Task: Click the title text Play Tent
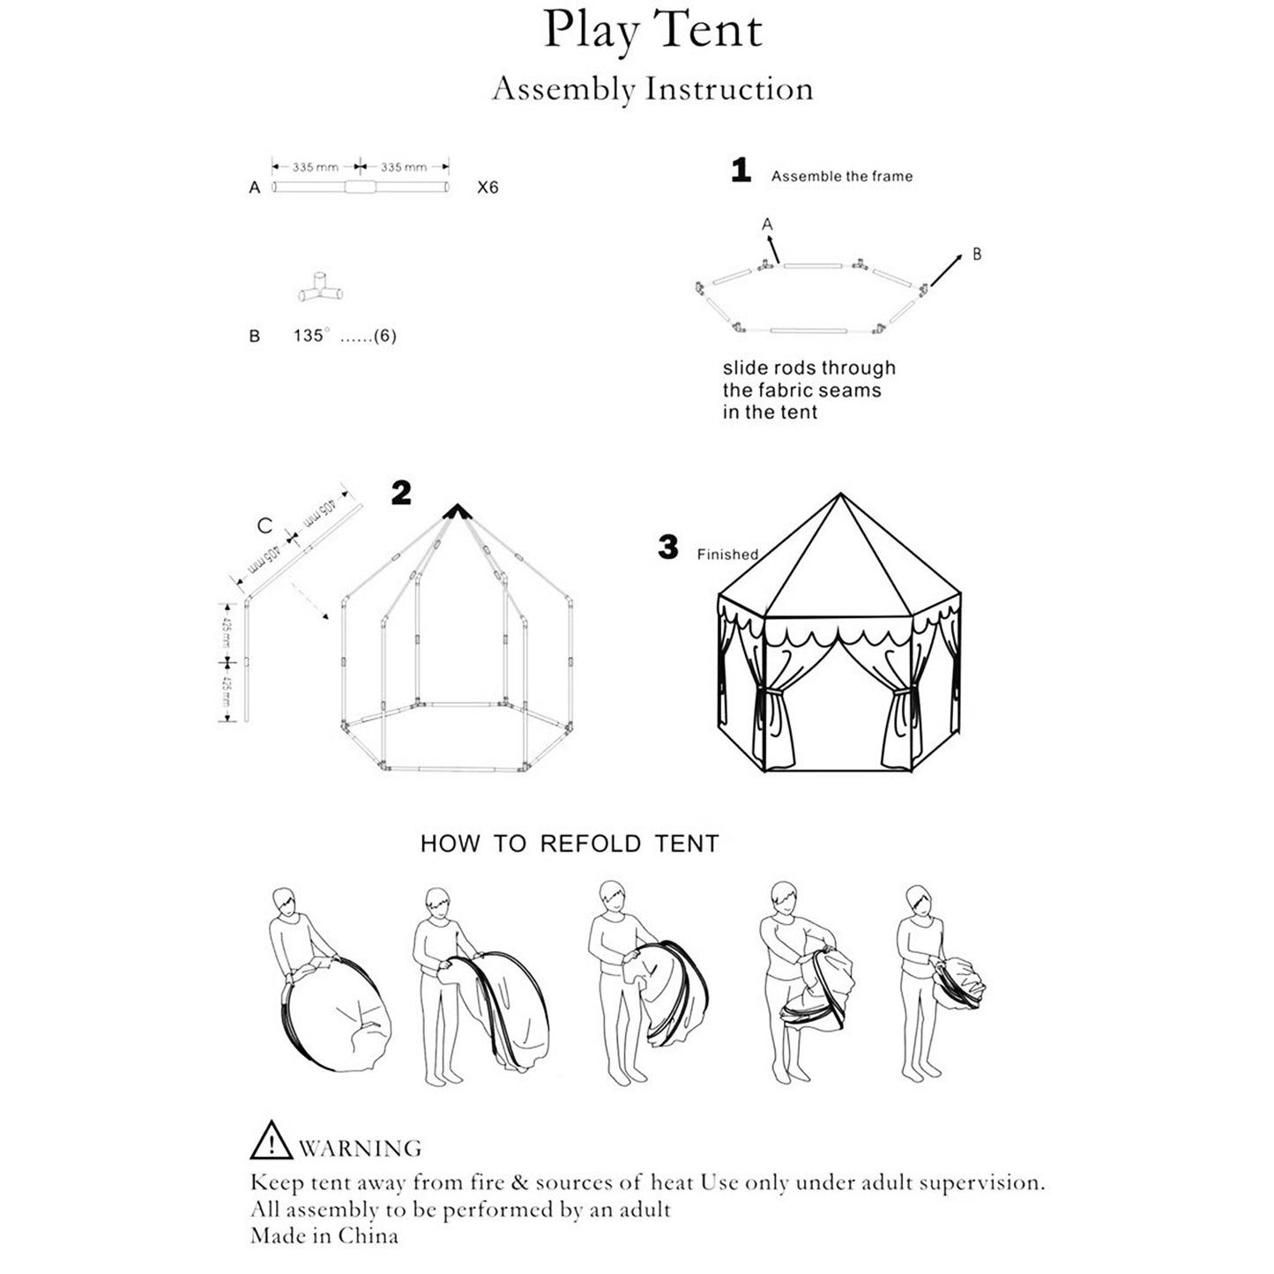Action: pyautogui.click(x=652, y=31)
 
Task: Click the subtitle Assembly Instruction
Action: pyautogui.click(x=652, y=90)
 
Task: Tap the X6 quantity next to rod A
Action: pyautogui.click(x=488, y=188)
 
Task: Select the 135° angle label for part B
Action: pyautogui.click(x=311, y=336)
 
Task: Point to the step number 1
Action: pyautogui.click(x=741, y=171)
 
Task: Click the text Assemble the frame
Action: pyautogui.click(x=842, y=176)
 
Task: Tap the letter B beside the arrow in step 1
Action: pyautogui.click(x=977, y=254)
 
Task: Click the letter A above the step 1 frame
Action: pyautogui.click(x=767, y=225)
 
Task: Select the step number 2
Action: pyautogui.click(x=401, y=494)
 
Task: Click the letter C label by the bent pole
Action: pyautogui.click(x=264, y=526)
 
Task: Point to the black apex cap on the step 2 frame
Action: pyautogui.click(x=456, y=510)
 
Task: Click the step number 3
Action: pyautogui.click(x=668, y=548)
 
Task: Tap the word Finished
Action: pyautogui.click(x=727, y=555)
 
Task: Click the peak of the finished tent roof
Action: pyautogui.click(x=840, y=496)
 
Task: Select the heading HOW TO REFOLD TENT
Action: pyautogui.click(x=570, y=844)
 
